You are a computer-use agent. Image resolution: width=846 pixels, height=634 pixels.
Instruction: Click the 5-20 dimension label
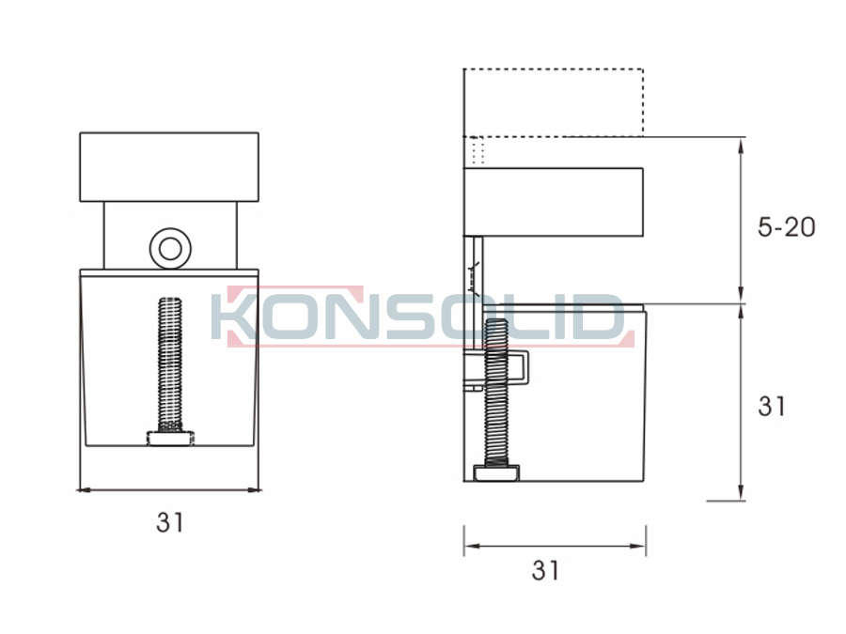click(786, 227)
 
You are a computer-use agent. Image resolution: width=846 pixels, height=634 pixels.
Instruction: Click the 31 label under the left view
click(170, 522)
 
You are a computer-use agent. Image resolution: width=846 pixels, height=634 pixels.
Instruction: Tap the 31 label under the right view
click(545, 570)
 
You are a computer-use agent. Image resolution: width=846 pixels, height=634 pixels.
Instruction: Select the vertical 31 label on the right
click(772, 406)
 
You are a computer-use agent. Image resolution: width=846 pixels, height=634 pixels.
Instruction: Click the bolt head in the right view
click(497, 472)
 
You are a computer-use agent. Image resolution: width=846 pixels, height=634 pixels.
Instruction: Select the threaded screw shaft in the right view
click(496, 393)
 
